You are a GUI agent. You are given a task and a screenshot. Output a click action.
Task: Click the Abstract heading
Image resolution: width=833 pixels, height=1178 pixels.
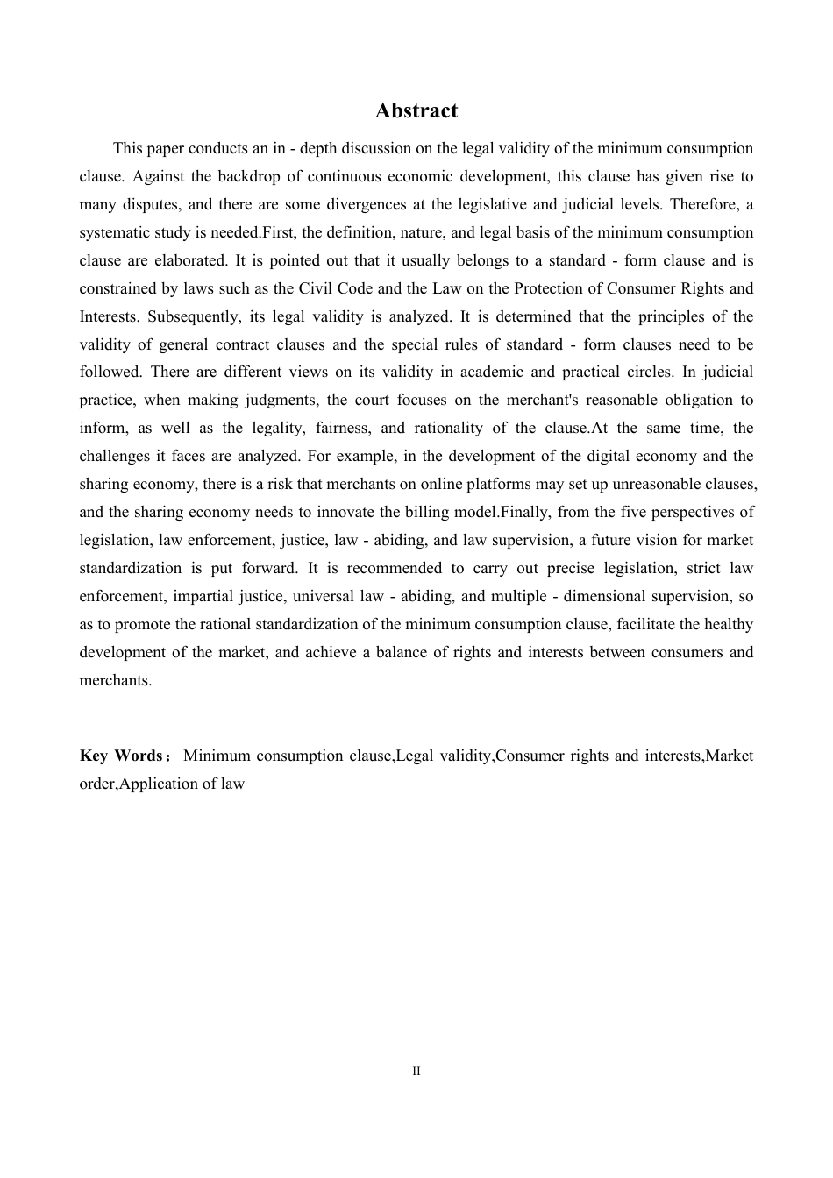point(416,110)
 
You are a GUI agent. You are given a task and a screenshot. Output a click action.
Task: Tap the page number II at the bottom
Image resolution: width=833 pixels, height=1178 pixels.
point(416,1071)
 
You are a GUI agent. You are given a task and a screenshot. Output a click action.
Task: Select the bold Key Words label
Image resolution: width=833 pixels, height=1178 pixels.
point(121,756)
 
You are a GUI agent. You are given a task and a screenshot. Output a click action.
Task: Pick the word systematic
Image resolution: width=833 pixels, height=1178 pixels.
point(114,232)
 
